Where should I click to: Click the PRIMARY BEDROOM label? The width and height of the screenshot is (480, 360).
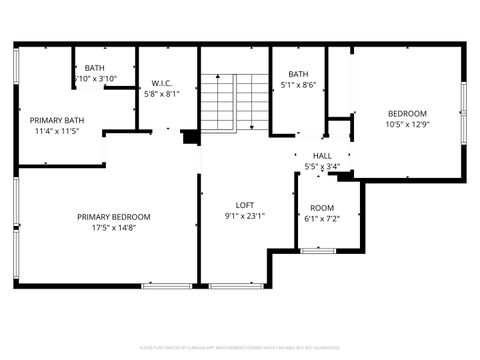[x=114, y=217]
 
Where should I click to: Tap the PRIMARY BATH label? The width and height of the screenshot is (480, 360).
[x=57, y=119]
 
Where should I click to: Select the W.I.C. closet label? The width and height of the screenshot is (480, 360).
[x=162, y=83]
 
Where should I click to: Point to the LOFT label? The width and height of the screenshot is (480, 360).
[x=244, y=204]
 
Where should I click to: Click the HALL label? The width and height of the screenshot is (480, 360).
[x=322, y=156]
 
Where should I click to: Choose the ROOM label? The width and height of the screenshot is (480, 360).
[x=322, y=207]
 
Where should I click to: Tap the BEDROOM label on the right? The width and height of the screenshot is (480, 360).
[x=407, y=114]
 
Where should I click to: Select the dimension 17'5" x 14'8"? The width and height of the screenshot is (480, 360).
[x=114, y=228]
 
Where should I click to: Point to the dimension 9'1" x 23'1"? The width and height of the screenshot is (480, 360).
[x=244, y=215]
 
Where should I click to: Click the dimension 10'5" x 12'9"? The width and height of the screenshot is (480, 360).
[x=407, y=125]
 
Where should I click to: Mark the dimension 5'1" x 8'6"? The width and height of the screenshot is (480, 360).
[x=299, y=85]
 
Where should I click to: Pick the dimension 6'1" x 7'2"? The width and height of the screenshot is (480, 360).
[x=322, y=218]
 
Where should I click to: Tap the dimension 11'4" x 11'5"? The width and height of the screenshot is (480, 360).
[x=57, y=130]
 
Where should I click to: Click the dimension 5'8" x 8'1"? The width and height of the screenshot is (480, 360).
[x=162, y=94]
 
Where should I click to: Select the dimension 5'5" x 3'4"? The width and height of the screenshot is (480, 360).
[x=322, y=167]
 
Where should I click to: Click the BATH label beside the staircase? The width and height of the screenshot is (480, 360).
[x=299, y=74]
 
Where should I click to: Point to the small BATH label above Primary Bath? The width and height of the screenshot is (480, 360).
[x=95, y=68]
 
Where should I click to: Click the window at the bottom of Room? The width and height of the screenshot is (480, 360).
[x=319, y=250]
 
